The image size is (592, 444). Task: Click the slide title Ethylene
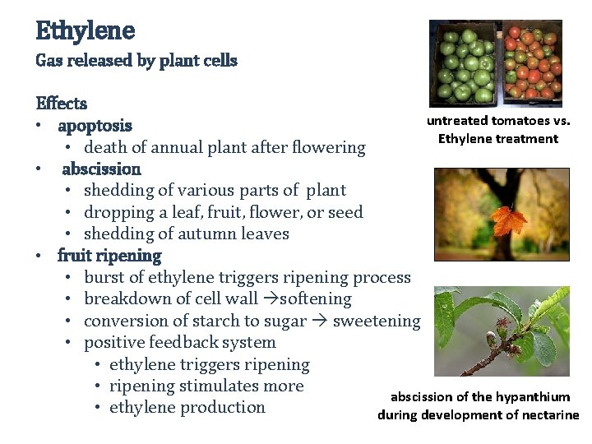coord(85,31)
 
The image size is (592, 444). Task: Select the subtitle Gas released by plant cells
coord(136,61)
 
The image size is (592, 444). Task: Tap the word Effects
coord(62,104)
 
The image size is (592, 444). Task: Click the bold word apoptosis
coord(95,126)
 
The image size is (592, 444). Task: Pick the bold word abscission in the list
coord(101,169)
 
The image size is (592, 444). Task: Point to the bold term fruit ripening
coord(109,256)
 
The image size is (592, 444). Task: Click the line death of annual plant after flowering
coord(224,148)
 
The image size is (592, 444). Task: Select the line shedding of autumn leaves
coord(187,234)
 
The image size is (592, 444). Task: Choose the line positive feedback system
coord(180,343)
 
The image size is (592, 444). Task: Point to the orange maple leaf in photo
coord(507,220)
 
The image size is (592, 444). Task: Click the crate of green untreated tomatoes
coord(465,64)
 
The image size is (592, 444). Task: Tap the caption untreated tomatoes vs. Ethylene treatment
coord(498,129)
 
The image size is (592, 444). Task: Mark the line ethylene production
coord(187,408)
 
